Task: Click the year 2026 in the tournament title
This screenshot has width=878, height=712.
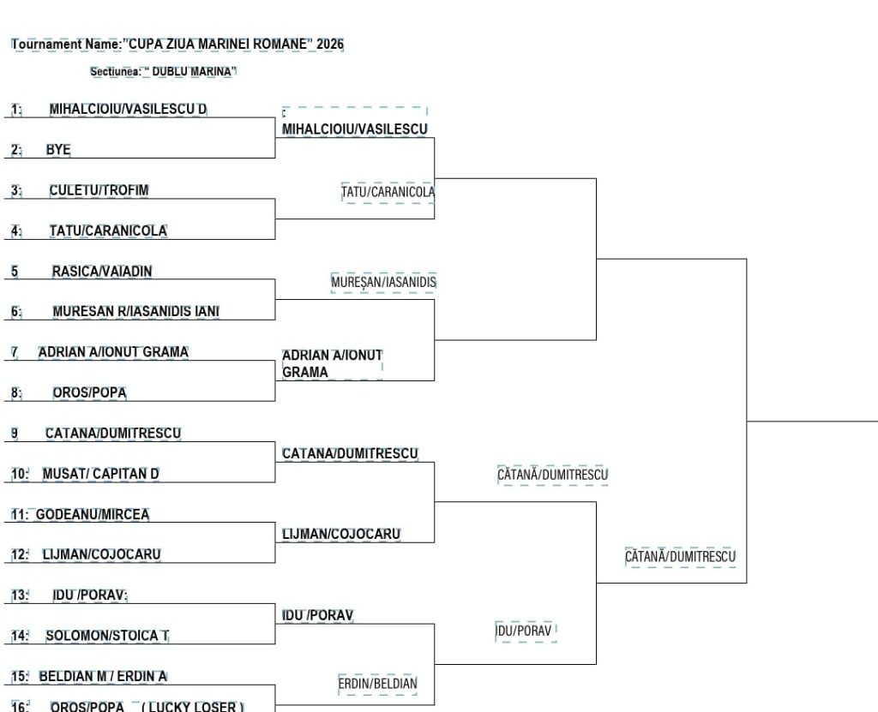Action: click(x=330, y=44)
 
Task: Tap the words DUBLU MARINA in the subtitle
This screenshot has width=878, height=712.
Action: click(x=191, y=72)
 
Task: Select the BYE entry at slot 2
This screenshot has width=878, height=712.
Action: click(x=58, y=149)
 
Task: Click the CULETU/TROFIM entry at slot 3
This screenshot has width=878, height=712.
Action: click(x=99, y=190)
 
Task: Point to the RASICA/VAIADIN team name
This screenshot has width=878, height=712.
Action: click(x=102, y=272)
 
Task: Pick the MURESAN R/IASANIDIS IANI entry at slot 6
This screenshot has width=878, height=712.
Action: click(x=136, y=311)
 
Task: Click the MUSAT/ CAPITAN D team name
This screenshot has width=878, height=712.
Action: click(x=101, y=474)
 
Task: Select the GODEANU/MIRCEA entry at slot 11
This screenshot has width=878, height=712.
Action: click(x=93, y=514)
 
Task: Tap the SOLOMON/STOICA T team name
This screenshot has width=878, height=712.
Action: click(x=107, y=636)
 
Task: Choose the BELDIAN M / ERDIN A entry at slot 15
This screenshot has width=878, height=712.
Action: click(x=103, y=676)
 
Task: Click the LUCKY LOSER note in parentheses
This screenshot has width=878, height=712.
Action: click(x=193, y=706)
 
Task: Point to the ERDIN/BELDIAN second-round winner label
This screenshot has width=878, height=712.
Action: click(x=377, y=684)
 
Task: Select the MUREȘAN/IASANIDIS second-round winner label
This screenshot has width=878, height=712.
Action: click(x=383, y=282)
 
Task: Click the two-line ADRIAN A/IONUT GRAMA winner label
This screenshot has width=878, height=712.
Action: click(x=332, y=364)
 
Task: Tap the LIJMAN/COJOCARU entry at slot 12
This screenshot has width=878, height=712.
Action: click(x=101, y=554)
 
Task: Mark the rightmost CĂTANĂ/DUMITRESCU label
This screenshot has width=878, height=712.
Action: click(x=680, y=556)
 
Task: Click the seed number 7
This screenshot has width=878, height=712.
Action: click(x=15, y=352)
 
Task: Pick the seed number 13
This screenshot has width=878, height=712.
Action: click(x=20, y=595)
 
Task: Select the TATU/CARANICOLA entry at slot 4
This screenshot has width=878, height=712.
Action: click(x=108, y=230)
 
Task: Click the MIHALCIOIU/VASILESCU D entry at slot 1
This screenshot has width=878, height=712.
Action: click(x=128, y=109)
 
